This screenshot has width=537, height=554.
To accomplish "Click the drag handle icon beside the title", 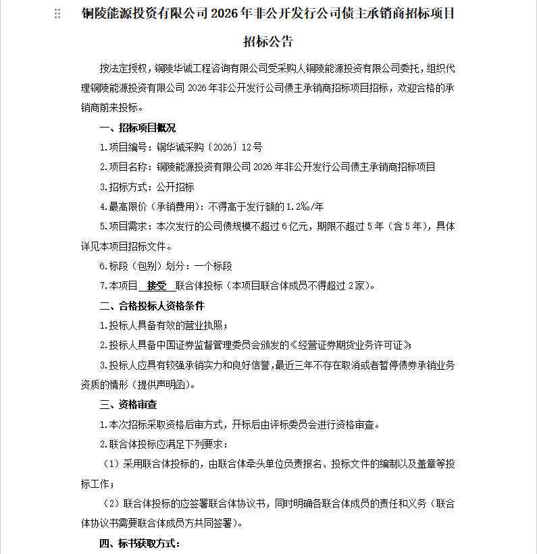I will point(57,14).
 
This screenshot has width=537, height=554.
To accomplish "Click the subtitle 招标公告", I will point(268,42).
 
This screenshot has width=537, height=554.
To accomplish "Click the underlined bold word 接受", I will point(156,285).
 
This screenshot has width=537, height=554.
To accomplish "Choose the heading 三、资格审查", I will point(128,405).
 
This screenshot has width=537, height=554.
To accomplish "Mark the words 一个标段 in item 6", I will point(213,266).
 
